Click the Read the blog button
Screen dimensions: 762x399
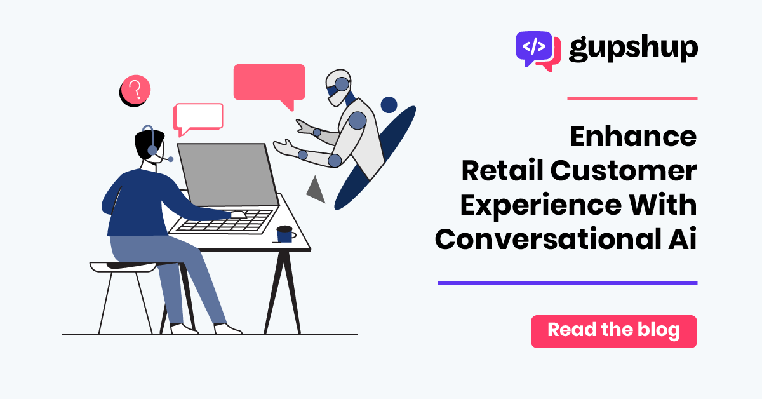pyautogui.click(x=613, y=331)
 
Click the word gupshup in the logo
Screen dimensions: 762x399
pyautogui.click(x=633, y=49)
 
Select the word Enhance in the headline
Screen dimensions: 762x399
pyautogui.click(x=634, y=136)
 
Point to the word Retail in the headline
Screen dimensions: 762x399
pyautogui.click(x=502, y=170)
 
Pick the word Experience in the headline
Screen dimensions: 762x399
pyautogui.click(x=541, y=206)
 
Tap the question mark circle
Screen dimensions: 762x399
pyautogui.click(x=135, y=90)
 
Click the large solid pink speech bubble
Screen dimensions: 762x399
pyautogui.click(x=269, y=85)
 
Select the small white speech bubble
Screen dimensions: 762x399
pyautogui.click(x=198, y=118)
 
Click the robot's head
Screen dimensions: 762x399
pyautogui.click(x=337, y=87)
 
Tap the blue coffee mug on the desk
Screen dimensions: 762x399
pyautogui.click(x=285, y=234)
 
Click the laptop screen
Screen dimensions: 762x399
pyautogui.click(x=227, y=174)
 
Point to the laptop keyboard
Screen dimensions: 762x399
pyautogui.click(x=224, y=222)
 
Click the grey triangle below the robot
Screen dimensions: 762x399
pyautogui.click(x=316, y=190)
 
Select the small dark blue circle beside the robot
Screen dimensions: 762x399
pyautogui.click(x=389, y=105)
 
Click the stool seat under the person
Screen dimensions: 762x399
pyautogui.click(x=123, y=267)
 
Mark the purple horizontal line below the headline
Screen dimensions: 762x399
pyautogui.click(x=568, y=283)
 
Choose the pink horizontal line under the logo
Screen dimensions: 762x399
pyautogui.click(x=632, y=98)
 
